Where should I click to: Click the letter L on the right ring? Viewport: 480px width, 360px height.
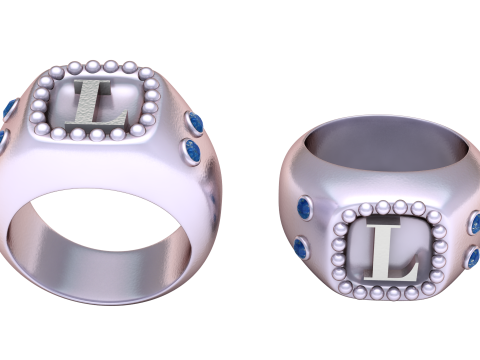pos(388,254)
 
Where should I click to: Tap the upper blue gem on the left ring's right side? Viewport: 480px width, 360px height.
pos(196,124)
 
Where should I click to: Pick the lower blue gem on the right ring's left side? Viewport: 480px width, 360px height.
pos(301,246)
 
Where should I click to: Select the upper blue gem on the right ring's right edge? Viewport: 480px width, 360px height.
pos(475,223)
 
